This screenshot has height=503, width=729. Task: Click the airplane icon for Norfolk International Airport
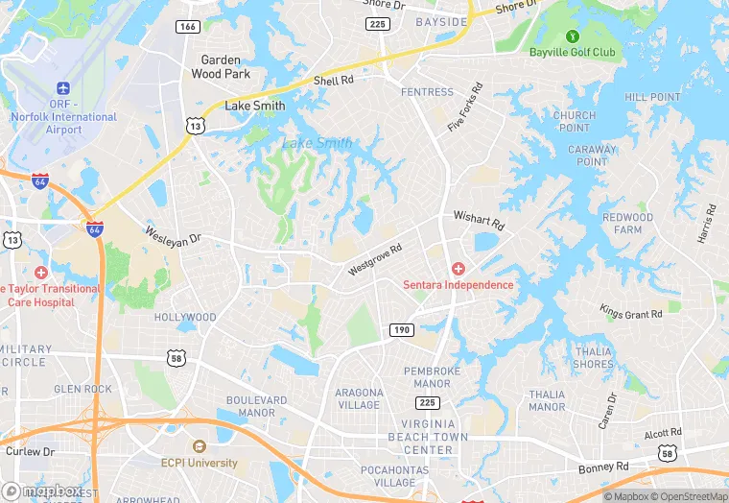tap(64, 89)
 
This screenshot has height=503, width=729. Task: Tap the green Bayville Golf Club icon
tap(573, 36)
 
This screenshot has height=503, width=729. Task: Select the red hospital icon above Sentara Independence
tap(458, 269)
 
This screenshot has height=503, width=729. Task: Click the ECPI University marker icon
tap(199, 446)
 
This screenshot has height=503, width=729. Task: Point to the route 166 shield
tap(188, 26)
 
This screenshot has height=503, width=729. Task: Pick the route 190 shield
tap(402, 330)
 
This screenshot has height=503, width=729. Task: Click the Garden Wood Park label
tap(221, 67)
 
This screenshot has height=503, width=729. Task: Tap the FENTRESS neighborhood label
tap(427, 92)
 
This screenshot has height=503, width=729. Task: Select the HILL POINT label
tap(652, 98)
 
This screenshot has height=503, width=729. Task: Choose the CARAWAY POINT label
tap(592, 156)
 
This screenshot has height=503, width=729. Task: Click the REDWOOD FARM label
tap(627, 224)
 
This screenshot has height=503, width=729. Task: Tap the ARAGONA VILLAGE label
tap(359, 398)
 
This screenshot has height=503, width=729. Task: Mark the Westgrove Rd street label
tap(375, 259)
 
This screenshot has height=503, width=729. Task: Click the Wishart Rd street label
tap(478, 220)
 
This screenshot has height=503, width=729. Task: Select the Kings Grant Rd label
tap(630, 313)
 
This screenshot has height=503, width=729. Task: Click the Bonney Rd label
tap(603, 467)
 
